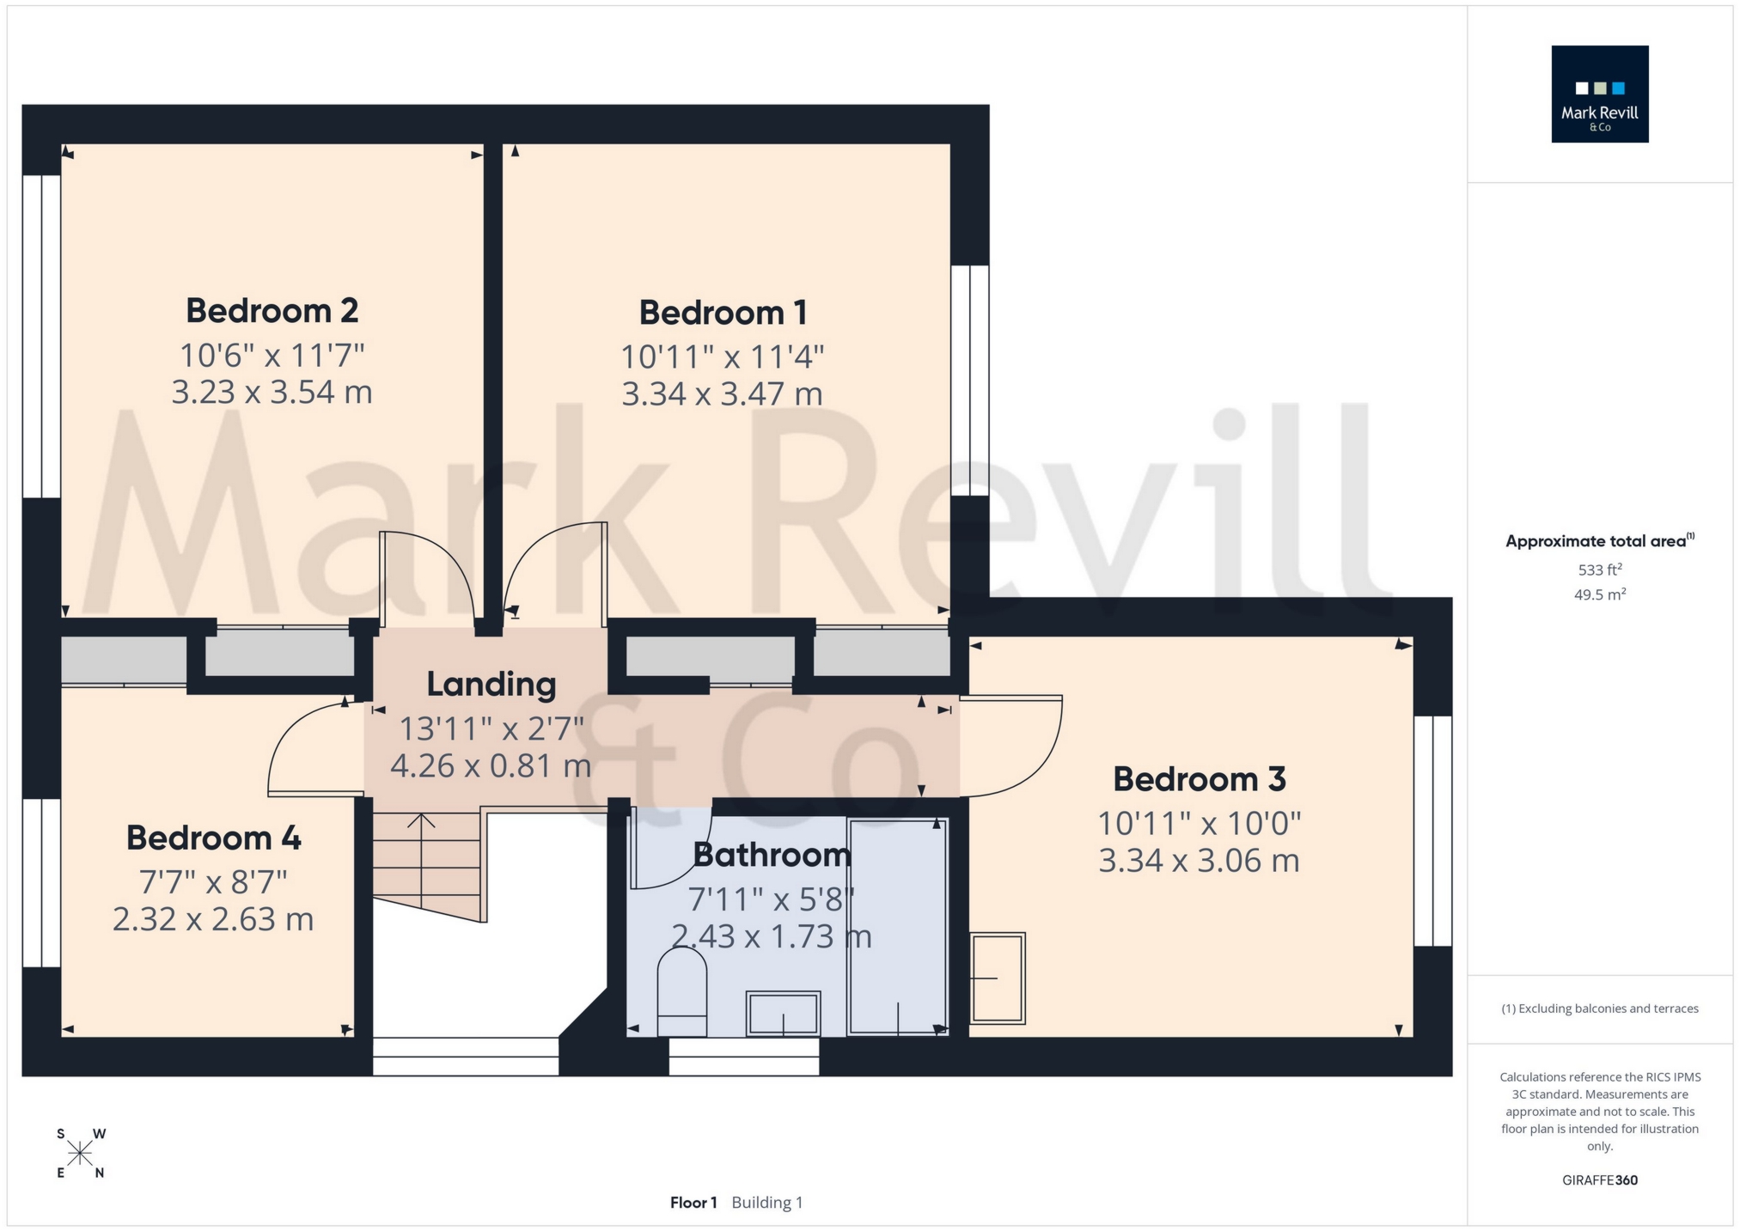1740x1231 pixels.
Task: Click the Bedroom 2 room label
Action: point(272,311)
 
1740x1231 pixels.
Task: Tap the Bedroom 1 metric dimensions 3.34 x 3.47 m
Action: point(722,394)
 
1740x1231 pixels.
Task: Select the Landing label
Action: point(491,685)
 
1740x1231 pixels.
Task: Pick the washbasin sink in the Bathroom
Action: point(783,1014)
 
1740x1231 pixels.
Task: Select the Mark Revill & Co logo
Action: point(1599,94)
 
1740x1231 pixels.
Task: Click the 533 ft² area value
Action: point(1599,570)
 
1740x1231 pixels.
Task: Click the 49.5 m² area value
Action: point(1599,594)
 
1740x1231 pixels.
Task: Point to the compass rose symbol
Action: point(80,1153)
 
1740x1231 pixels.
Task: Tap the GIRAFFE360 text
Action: point(1599,1180)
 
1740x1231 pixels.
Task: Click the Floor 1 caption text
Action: point(693,1203)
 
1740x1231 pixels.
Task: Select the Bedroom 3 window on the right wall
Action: point(1433,831)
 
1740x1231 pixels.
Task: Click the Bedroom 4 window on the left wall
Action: point(41,883)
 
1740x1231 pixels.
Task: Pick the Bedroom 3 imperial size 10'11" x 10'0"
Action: point(1199,825)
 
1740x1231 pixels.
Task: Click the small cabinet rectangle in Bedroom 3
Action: point(998,978)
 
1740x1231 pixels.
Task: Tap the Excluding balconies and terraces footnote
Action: point(1599,1009)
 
